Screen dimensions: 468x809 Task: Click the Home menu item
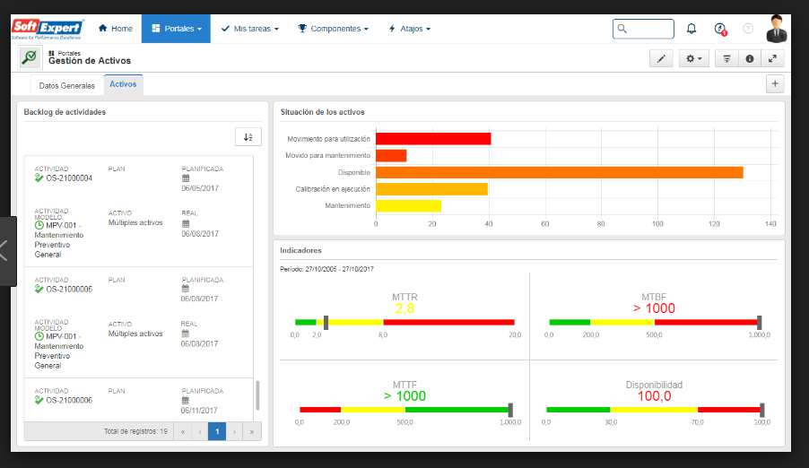[x=115, y=29]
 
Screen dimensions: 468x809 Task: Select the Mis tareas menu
[x=249, y=29]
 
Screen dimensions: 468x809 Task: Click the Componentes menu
[x=333, y=29]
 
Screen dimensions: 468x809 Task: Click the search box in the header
[x=643, y=29]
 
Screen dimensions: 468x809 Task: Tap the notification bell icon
[x=692, y=29]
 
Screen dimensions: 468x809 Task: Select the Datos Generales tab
[x=66, y=85]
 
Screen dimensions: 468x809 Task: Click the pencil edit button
[x=661, y=59]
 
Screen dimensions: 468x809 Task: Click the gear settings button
[x=693, y=59]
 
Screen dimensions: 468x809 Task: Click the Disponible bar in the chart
[x=559, y=172]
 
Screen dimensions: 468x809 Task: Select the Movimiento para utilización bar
[x=433, y=139]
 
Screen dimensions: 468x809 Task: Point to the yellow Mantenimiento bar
[x=408, y=205]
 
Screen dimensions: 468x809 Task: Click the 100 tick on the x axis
[x=657, y=222]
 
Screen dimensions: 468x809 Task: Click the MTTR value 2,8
[x=404, y=308]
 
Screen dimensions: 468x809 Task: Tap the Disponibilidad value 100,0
[x=654, y=395]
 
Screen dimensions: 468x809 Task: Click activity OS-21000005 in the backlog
[x=67, y=289]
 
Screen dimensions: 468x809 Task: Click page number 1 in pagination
[x=216, y=431]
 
